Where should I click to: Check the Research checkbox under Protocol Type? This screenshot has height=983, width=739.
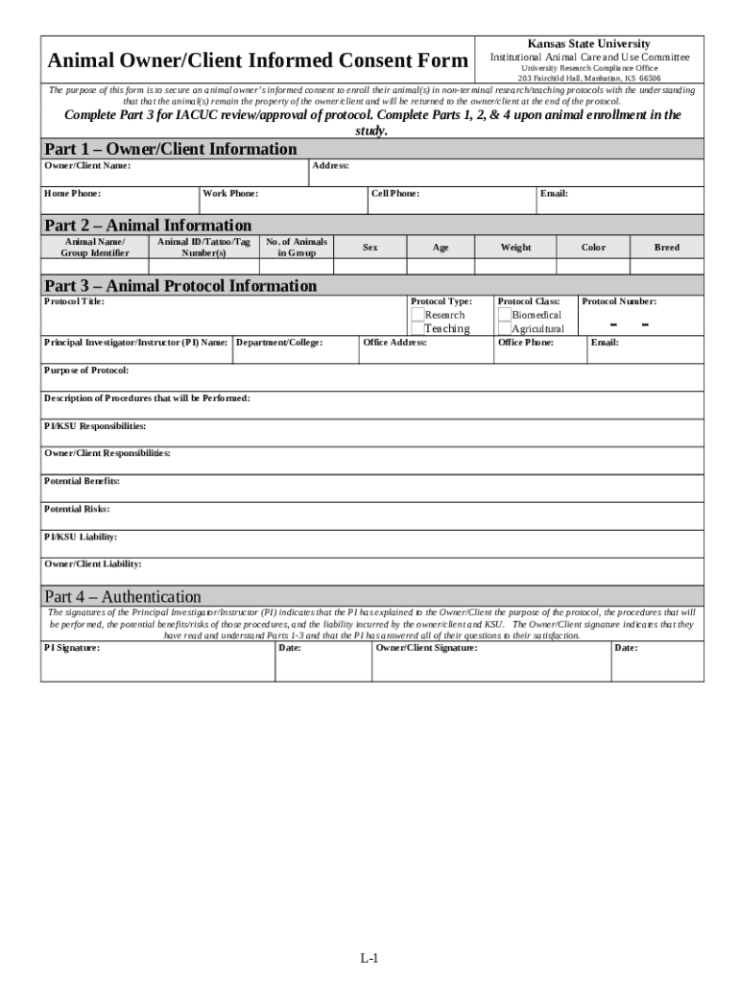pos(417,315)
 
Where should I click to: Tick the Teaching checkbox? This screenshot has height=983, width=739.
pos(417,328)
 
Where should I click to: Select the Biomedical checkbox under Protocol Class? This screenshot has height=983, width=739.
pos(505,315)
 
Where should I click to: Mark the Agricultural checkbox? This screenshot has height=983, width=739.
pos(505,328)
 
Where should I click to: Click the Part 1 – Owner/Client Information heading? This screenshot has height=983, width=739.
pos(171,149)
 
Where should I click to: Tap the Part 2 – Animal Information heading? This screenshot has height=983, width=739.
pos(148,225)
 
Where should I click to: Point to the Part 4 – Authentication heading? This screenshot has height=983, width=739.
pos(123,596)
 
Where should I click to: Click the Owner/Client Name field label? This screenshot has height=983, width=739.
pos(87,166)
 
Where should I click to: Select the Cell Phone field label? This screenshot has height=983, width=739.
pos(395,194)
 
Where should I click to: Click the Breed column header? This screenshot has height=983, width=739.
pos(666,248)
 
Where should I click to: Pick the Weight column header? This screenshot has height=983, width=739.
pos(515,248)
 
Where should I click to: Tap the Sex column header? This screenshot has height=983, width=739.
pos(369,248)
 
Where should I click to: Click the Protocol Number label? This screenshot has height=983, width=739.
pos(619,301)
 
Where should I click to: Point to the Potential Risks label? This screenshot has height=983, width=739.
pos(77,509)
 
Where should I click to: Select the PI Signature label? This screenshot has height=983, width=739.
pos(72,648)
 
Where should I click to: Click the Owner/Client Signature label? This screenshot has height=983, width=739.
pos(426,648)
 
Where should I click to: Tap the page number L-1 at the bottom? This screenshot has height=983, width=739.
pos(369,958)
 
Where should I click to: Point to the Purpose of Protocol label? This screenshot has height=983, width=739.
pos(86,370)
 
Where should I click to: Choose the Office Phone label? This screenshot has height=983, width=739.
pos(525,342)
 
